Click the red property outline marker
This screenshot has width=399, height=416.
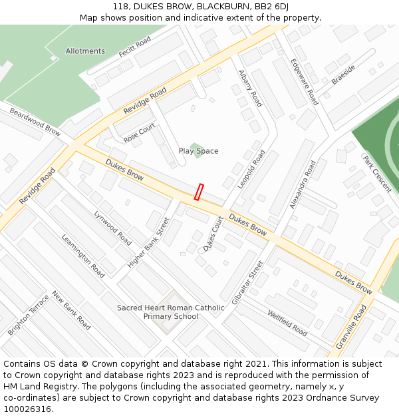coord(199,192)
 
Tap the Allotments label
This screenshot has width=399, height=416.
coord(85,51)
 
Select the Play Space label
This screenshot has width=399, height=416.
coord(198,151)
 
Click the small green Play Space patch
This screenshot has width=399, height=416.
coord(196,146)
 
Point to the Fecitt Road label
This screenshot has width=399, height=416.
coord(134,46)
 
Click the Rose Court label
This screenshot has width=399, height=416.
coord(139,133)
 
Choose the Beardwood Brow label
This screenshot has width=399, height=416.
coord(35,122)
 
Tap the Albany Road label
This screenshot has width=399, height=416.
coord(250,89)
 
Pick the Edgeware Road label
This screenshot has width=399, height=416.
coord(304,81)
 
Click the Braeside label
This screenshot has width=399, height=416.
coord(343,75)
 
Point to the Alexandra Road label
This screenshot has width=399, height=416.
coord(303,184)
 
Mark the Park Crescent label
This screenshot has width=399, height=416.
coord(377,174)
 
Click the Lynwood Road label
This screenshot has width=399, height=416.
coord(112,228)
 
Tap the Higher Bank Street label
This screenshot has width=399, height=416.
coord(148,243)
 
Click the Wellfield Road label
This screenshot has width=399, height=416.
coord(287,323)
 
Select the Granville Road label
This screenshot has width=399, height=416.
coord(352,326)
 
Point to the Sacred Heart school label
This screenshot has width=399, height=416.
coord(170,312)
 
